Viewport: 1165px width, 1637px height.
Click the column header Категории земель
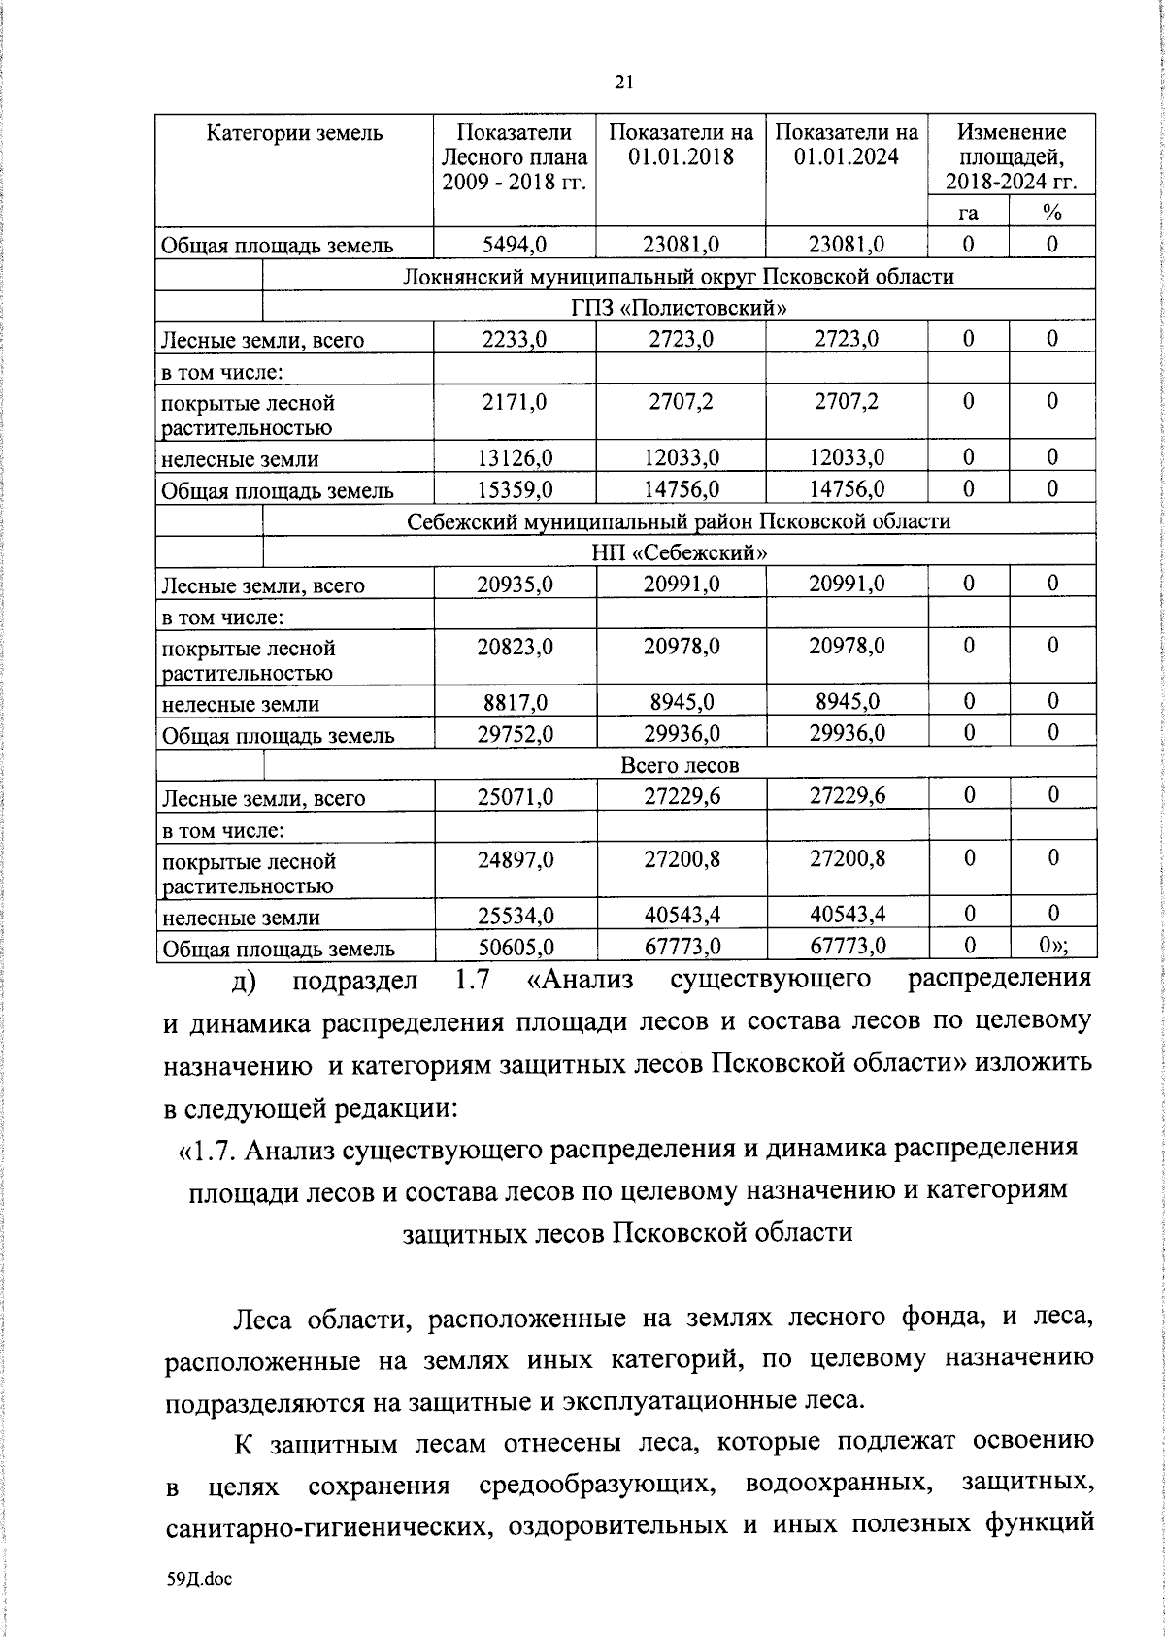coord(294,133)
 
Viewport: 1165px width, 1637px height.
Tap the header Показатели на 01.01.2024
coord(847,145)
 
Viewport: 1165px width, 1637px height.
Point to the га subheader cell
coord(968,213)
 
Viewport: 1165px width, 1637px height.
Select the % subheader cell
coord(1052,213)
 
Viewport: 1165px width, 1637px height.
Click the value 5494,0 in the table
coord(515,245)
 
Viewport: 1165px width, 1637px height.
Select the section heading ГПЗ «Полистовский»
coord(679,308)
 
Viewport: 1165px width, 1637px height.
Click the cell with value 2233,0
coord(515,339)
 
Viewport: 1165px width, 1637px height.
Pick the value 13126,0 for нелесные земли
coord(515,458)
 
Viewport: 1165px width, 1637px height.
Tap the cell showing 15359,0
coord(515,489)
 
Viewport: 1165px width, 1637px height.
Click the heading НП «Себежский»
coord(679,552)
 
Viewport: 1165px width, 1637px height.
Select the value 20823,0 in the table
coord(515,647)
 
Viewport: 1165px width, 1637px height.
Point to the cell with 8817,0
coord(515,703)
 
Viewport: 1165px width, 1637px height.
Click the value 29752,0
coord(515,734)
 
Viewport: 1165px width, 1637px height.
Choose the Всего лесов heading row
coord(679,765)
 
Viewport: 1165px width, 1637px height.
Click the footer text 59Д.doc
coord(199,1579)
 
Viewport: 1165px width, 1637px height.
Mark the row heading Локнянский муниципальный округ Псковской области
coord(679,277)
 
